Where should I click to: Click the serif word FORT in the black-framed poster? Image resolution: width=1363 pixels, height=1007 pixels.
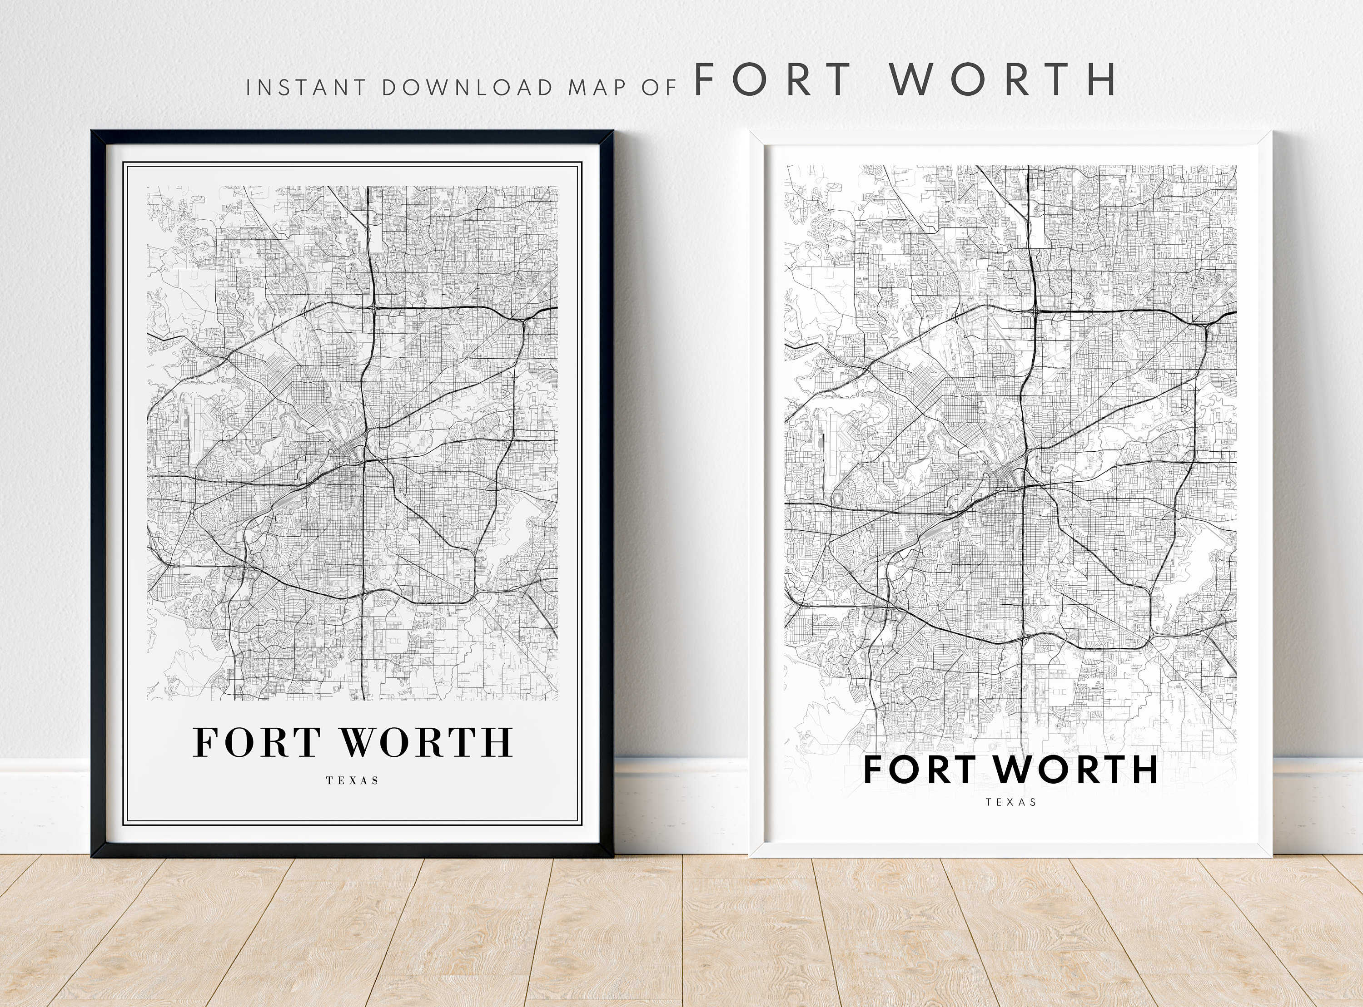coord(257,742)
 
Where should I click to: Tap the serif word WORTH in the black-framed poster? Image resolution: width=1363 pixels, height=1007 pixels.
coord(426,742)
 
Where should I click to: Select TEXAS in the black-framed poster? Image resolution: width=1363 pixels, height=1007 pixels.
coord(353,780)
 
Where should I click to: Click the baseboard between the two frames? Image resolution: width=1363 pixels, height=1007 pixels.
coord(681,805)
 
